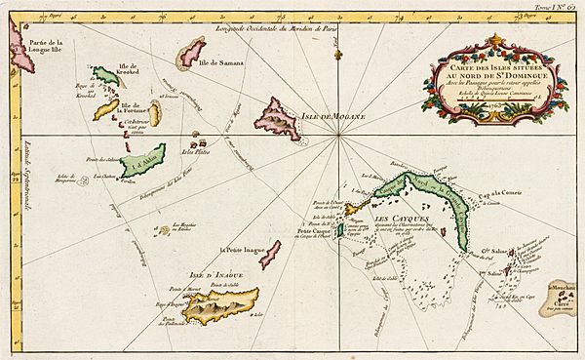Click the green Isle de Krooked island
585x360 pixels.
click(x=105, y=77)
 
